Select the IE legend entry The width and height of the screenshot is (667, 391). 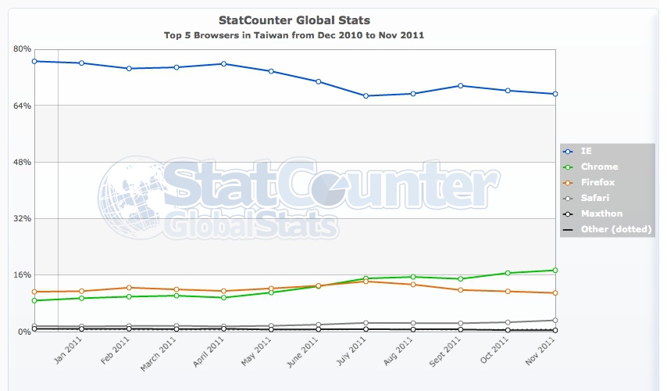587,151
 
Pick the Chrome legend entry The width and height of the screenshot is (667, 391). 599,167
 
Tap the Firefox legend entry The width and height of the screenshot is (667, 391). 599,182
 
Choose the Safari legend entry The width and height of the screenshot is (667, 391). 595,198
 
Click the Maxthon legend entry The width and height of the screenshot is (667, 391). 601,213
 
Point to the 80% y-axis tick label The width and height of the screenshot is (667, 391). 22,48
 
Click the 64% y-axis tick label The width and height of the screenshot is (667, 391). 22,106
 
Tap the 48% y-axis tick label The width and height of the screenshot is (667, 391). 22,162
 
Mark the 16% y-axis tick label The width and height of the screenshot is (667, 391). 22,275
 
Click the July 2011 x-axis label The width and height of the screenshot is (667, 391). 355,353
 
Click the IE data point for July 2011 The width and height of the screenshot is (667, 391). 366,96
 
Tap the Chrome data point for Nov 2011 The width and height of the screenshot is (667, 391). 555,271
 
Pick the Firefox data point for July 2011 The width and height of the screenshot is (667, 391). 366,281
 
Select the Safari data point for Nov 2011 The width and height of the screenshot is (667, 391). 555,321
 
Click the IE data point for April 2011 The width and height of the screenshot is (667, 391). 223,64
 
